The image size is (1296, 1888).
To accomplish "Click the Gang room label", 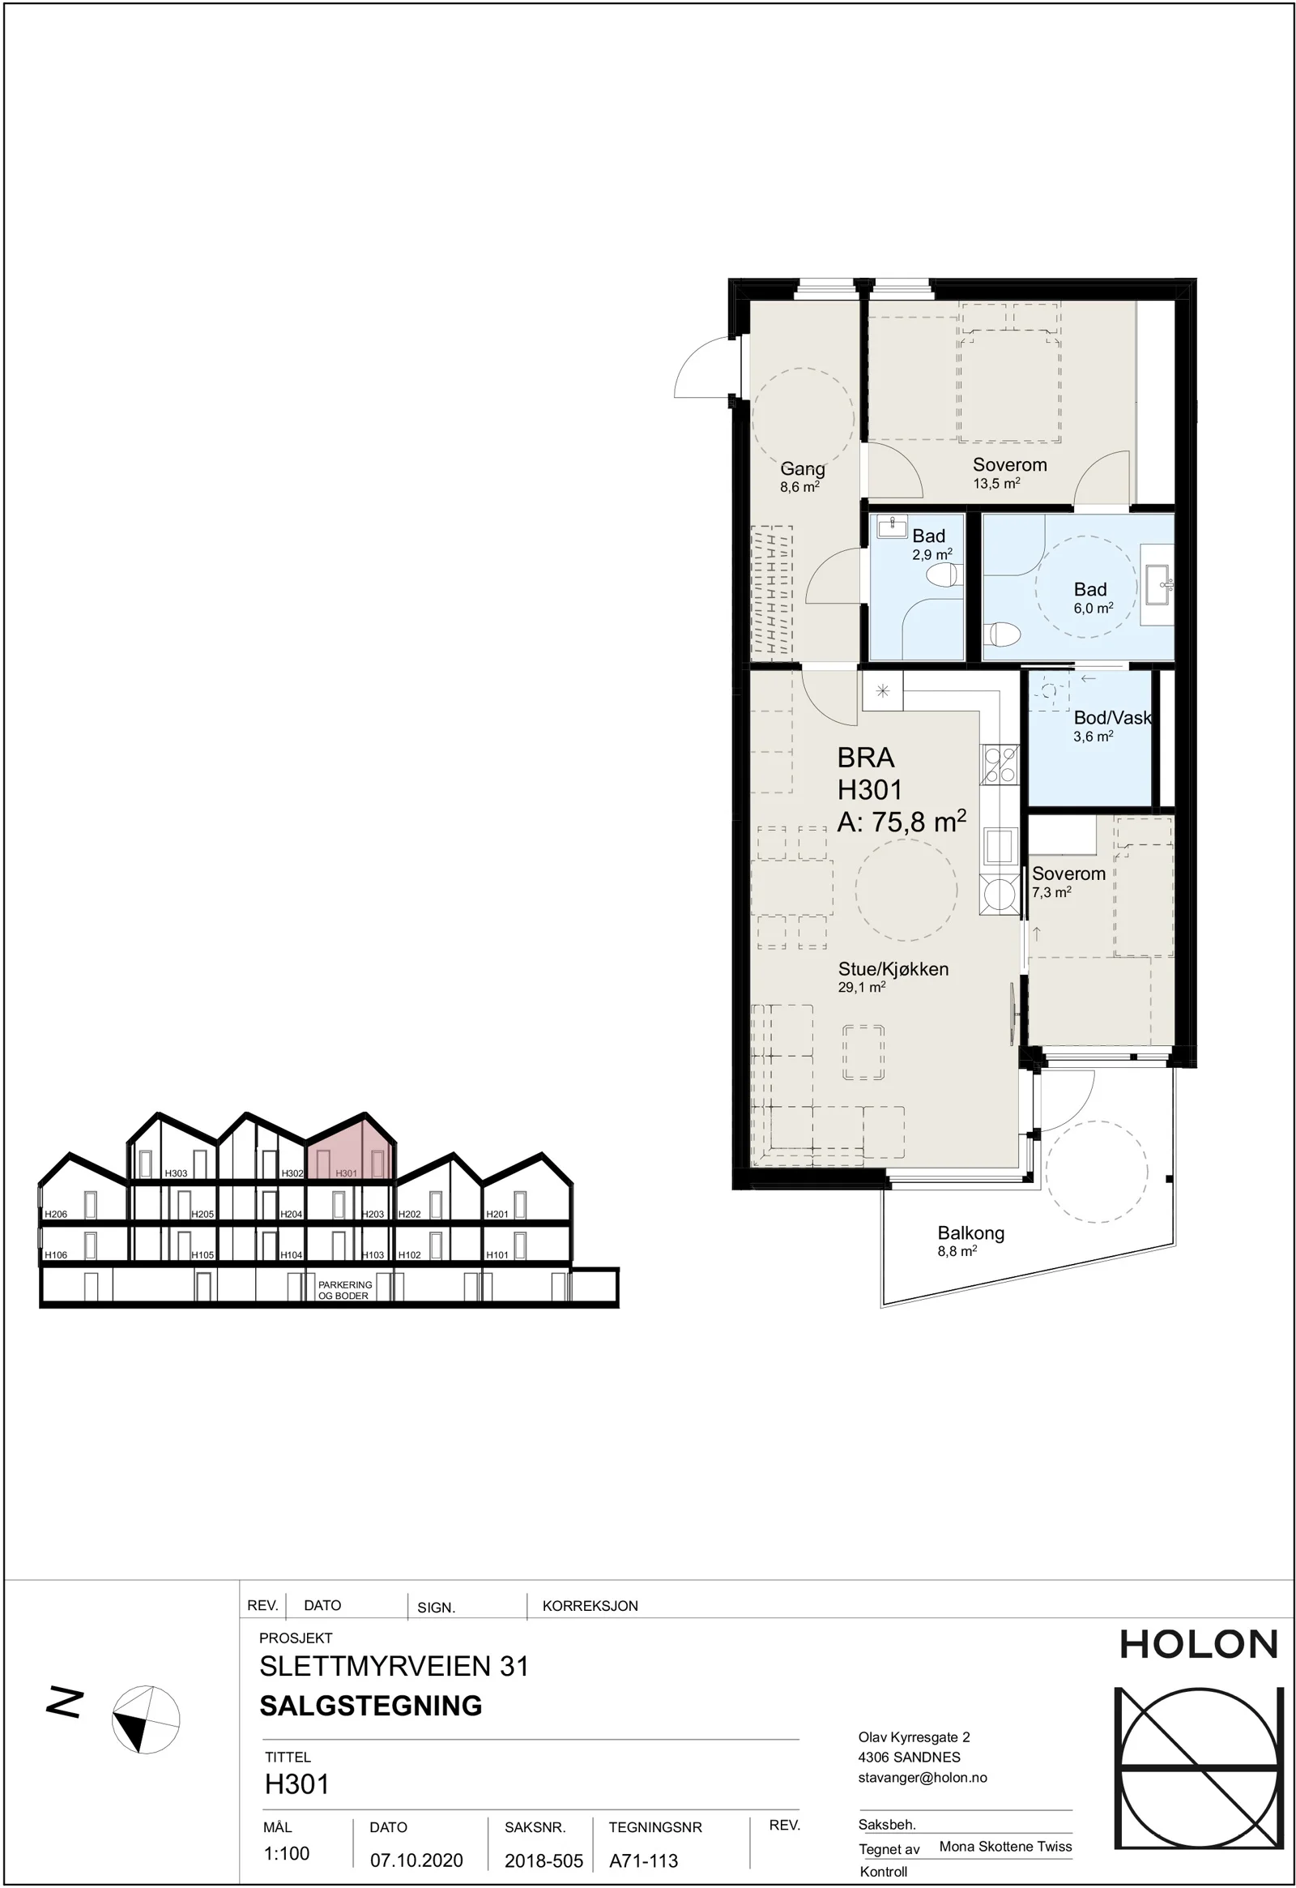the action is point(802,468).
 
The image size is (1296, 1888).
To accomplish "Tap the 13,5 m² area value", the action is point(996,484).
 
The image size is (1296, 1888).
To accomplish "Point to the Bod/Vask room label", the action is point(1112,717).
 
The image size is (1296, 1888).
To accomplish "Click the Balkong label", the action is point(971,1233).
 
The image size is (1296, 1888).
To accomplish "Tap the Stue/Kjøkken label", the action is point(893,969).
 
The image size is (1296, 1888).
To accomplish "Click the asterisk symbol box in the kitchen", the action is point(883,691).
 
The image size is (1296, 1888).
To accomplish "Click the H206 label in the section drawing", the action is point(56,1215).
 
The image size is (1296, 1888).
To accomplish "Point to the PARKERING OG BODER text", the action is point(345,1290).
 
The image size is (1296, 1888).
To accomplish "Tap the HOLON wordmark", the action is point(1199,1644).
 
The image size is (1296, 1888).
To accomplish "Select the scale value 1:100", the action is point(287,1853).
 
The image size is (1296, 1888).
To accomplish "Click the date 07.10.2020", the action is point(416,1860).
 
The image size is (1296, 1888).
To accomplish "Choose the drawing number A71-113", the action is point(644,1860).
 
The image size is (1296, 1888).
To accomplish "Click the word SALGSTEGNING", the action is point(371,1705).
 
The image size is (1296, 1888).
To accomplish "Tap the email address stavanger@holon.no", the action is point(923,1778).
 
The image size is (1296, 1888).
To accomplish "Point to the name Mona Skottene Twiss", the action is point(1005,1846).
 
